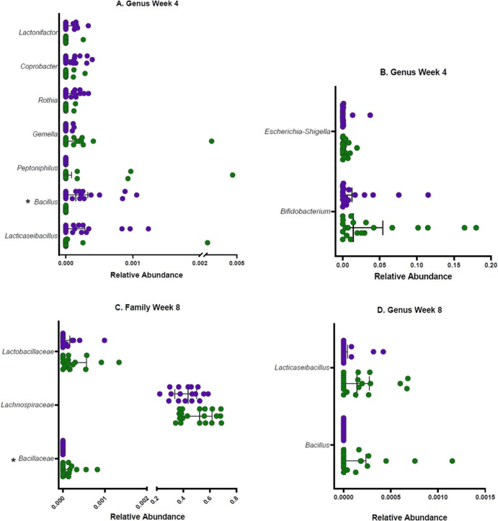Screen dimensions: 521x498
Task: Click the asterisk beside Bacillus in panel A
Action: [x=27, y=203]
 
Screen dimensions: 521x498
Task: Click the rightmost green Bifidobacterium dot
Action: [x=476, y=228]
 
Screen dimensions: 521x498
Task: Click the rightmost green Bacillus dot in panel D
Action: [x=452, y=460]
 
